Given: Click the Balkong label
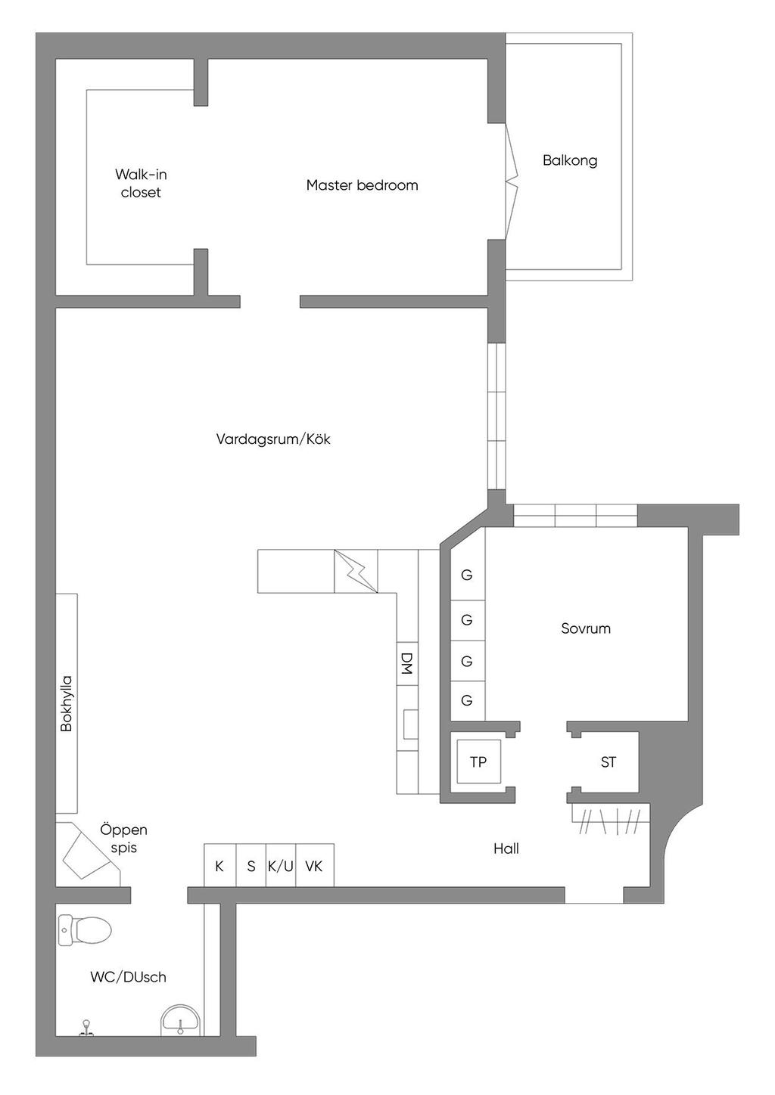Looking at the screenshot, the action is coord(570,161).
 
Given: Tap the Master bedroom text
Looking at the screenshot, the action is coord(362,185).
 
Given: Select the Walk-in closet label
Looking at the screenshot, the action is coord(141,183).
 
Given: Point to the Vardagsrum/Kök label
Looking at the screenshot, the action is coord(273,439).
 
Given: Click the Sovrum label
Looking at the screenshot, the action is coord(586,628).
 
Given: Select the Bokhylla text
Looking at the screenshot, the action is coord(66,703).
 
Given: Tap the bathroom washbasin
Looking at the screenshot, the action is coord(181,1020).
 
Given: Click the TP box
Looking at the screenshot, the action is coord(478,761).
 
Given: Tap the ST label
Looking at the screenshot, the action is coord(608,762).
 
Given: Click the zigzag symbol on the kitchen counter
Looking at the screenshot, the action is coord(356,571).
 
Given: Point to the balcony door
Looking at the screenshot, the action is coord(512,181).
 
